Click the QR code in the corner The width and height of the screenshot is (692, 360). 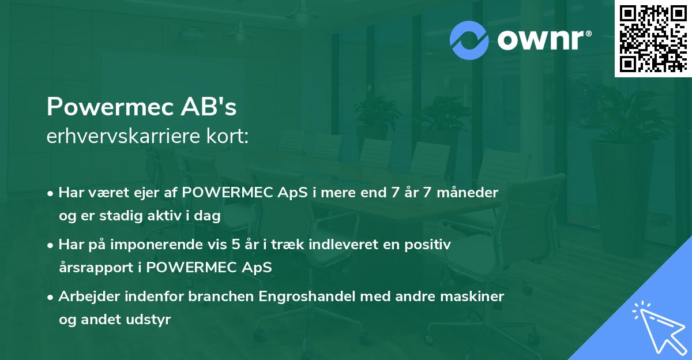[653, 38]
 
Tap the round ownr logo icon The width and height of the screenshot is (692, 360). [469, 40]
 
